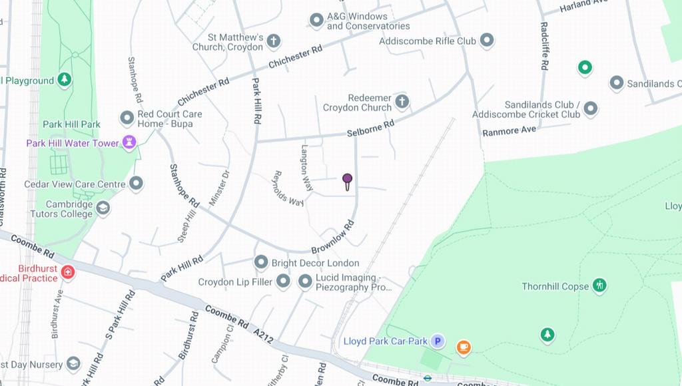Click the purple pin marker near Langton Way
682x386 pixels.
[347, 179]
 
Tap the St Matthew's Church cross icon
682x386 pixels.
[273, 42]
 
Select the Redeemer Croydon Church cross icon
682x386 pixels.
[402, 102]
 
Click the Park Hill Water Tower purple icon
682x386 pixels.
[129, 142]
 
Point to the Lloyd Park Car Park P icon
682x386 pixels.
[437, 341]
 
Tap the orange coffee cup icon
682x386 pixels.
[464, 347]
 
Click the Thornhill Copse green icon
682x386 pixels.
[599, 286]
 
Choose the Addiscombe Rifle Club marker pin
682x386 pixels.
[487, 41]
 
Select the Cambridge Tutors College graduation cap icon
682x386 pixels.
[103, 208]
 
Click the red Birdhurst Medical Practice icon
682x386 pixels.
[67, 272]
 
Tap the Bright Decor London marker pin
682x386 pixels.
[261, 262]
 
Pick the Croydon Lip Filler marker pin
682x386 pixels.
[283, 281]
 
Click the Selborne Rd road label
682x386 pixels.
[370, 128]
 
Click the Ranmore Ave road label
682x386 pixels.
[510, 130]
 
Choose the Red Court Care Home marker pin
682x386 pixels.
[127, 118]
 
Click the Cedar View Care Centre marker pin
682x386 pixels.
[137, 184]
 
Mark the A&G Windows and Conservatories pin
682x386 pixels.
[317, 21]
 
